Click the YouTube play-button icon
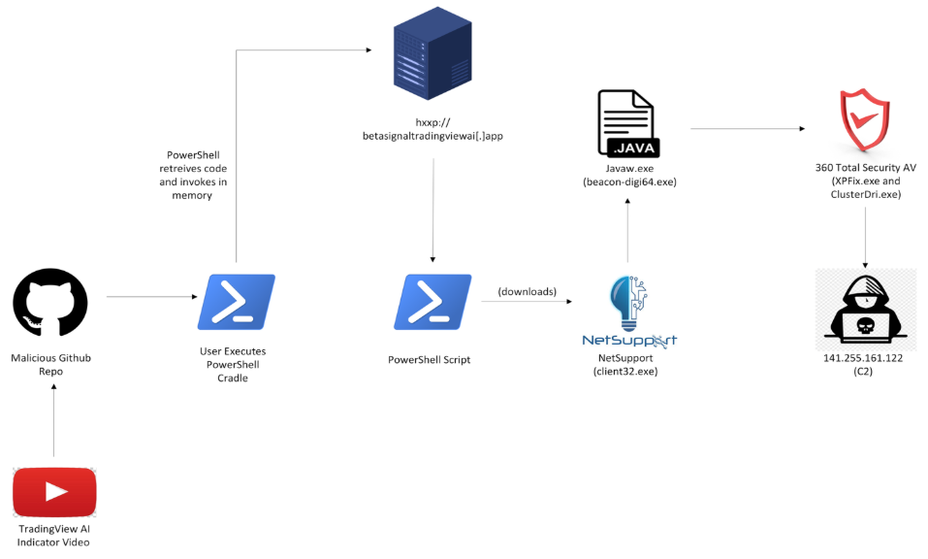[x=54, y=492]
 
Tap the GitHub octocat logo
[x=50, y=303]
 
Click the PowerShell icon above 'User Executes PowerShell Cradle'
[x=236, y=302]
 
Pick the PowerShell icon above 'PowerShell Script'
[x=432, y=302]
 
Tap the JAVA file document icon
[x=628, y=124]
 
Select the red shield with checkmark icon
[x=864, y=120]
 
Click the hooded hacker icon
[x=865, y=310]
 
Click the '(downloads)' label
[x=528, y=291]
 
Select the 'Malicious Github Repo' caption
[x=51, y=365]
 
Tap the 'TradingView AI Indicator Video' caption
[x=53, y=535]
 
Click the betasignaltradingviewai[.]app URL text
[x=432, y=136]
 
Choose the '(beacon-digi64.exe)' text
[x=628, y=181]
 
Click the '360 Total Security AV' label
[x=865, y=168]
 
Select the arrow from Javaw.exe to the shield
[x=748, y=128]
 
